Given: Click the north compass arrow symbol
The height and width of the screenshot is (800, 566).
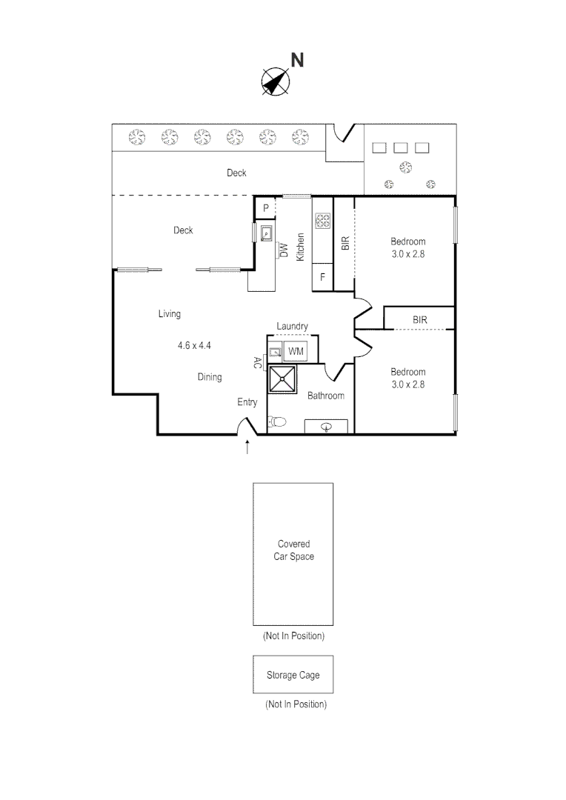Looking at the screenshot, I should [275, 82].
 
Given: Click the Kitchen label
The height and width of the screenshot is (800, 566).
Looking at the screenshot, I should [301, 247].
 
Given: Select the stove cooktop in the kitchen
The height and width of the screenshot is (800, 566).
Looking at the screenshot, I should [322, 220].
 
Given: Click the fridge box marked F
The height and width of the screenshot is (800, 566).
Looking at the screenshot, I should [322, 278].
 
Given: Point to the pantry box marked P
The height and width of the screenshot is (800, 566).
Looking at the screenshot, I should [264, 208].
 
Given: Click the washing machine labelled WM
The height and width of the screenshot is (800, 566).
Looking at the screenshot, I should [296, 350].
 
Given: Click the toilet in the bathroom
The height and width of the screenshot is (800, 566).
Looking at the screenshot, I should [277, 421].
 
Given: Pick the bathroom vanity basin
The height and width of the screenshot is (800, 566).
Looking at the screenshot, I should [326, 426].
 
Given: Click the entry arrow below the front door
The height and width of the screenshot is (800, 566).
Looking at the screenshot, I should [247, 447].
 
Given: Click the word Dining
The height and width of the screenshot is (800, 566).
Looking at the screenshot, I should [210, 377].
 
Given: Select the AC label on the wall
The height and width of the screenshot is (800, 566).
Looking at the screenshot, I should [257, 362].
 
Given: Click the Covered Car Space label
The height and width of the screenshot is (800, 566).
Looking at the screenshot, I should [293, 550].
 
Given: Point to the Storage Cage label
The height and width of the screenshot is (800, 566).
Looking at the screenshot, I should [293, 676].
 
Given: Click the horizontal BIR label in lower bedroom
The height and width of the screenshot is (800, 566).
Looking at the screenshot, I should [419, 320].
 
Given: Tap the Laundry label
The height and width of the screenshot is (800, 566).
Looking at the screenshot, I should [292, 326].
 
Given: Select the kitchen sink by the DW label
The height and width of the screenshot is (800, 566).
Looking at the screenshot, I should [266, 234].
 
